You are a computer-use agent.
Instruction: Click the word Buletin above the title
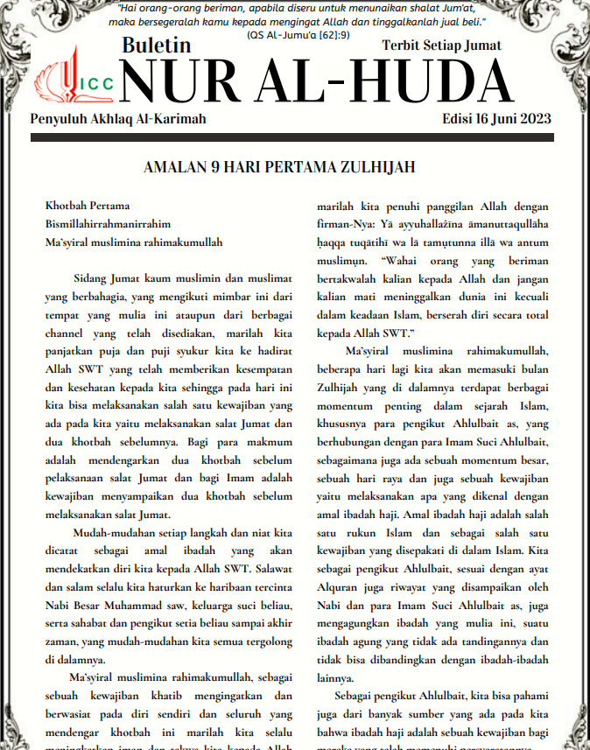coord(157,46)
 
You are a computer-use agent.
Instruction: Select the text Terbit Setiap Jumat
coord(441,46)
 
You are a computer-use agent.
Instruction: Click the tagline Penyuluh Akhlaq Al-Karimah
coord(118,119)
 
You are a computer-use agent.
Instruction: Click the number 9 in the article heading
coord(223,166)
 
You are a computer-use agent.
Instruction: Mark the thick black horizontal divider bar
coord(295,138)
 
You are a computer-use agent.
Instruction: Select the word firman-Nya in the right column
coord(343,225)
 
